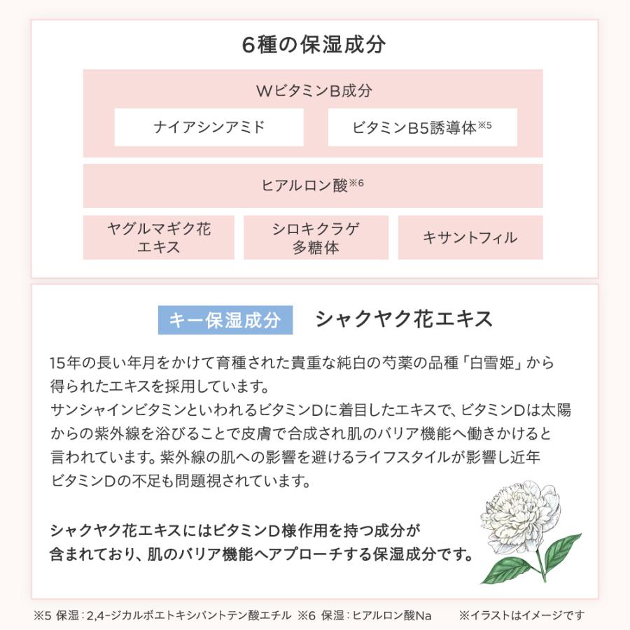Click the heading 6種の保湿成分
click(x=314, y=44)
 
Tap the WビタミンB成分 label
click(x=314, y=91)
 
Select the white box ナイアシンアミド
click(x=209, y=127)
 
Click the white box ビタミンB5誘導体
click(x=422, y=127)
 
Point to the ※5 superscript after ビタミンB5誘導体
click(x=484, y=125)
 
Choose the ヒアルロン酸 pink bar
click(x=313, y=185)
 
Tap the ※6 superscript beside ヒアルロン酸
click(x=356, y=183)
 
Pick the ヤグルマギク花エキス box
click(x=159, y=237)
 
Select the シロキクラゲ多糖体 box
click(x=316, y=237)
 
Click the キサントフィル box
click(x=470, y=237)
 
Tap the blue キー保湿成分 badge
click(x=225, y=320)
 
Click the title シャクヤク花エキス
click(x=404, y=319)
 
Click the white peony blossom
click(x=518, y=510)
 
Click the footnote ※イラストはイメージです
click(x=521, y=615)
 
